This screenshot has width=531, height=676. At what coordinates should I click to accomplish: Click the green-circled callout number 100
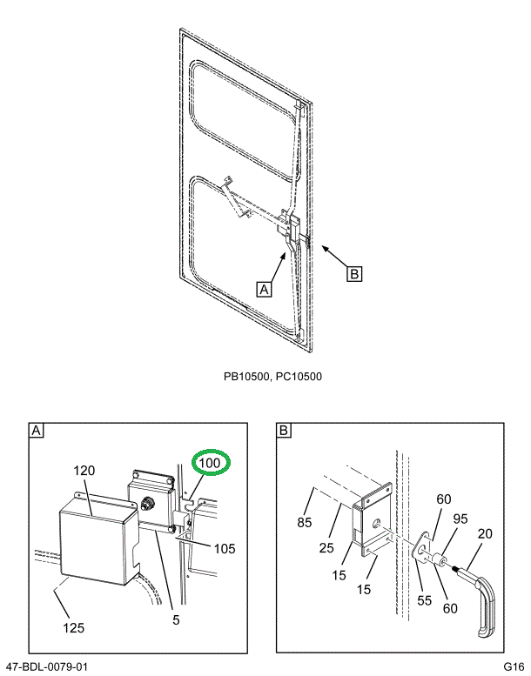(x=209, y=463)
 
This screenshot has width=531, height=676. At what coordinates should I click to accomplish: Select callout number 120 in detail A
(x=84, y=471)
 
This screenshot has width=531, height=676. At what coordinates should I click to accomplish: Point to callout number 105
(x=224, y=548)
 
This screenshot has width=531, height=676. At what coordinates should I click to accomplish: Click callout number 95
(x=460, y=519)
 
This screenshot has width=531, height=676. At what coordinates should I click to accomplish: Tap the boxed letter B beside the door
(x=353, y=273)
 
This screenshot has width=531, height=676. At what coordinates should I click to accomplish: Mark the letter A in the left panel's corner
(x=37, y=431)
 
